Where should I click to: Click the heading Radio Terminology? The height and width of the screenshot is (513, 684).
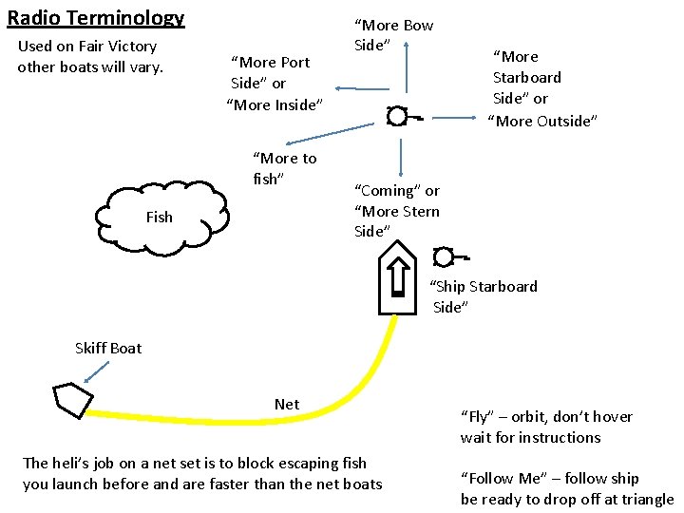pos(95,18)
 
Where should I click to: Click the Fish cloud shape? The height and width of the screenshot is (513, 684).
pos(167,218)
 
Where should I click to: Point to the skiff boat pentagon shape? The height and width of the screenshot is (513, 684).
pos(71,399)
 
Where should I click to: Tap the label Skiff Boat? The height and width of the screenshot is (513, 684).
pos(108,348)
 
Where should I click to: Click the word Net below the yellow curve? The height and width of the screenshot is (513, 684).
pos(286,404)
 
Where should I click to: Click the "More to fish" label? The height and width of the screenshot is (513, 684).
pos(283,168)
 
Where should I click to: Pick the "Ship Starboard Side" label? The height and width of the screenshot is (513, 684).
pos(484,296)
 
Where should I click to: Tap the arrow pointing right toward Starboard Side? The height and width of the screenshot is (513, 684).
pos(446,118)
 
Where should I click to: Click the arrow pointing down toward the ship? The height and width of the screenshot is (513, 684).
pos(402,157)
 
